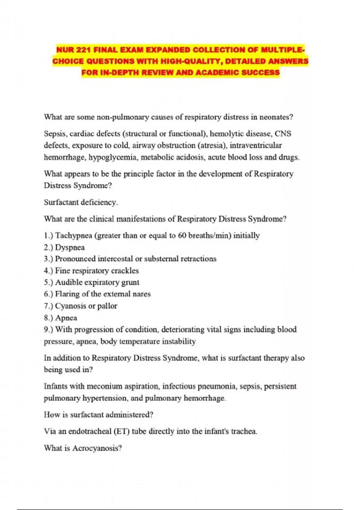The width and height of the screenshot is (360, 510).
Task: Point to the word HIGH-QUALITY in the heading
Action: [x=191, y=61]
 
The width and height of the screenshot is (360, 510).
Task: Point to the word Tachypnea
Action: [x=73, y=235]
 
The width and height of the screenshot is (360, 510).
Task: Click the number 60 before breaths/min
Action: [x=182, y=235]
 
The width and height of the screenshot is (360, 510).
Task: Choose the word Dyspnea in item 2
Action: [x=70, y=247]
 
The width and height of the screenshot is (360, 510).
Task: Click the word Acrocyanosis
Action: [x=97, y=448]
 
